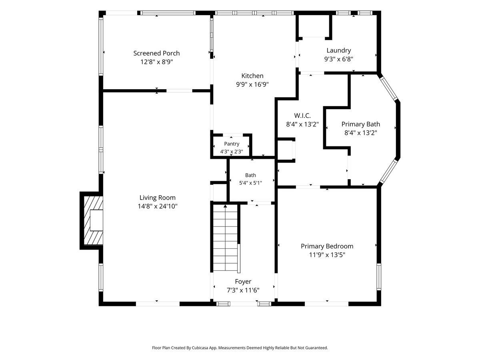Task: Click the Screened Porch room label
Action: point(156,53)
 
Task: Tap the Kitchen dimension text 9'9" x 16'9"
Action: point(252,84)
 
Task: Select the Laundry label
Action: point(338,50)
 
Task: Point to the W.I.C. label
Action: point(302,116)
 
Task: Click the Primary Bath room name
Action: point(361,124)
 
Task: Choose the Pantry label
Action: point(232,144)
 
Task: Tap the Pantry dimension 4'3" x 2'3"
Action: point(232,152)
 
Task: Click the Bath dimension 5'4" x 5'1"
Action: point(250,183)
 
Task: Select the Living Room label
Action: point(158,198)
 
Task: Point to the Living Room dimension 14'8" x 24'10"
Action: point(158,206)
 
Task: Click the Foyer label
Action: point(243,282)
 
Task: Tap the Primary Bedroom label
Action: point(327,246)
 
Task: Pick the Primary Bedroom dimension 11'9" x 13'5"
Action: point(327,255)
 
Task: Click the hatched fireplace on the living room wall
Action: point(93,220)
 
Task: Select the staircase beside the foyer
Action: point(225,238)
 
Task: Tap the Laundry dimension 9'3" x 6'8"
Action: point(338,59)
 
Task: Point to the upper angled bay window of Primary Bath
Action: point(388,88)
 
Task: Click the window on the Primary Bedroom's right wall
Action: point(378,277)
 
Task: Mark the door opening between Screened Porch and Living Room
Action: point(179,91)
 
